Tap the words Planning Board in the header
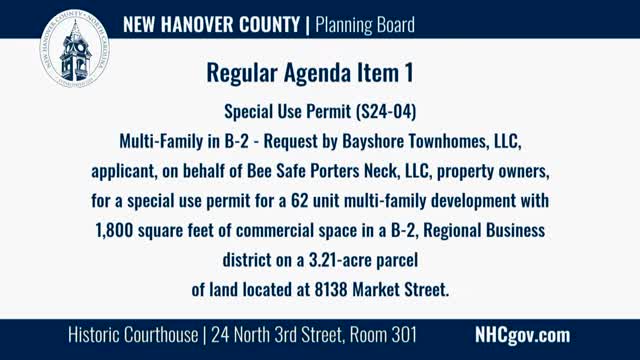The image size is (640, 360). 365,23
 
